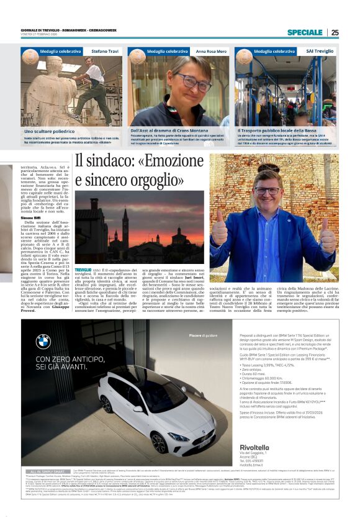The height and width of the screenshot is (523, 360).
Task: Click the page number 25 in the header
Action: click(x=352, y=32)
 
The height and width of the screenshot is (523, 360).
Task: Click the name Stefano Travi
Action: click(x=104, y=51)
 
